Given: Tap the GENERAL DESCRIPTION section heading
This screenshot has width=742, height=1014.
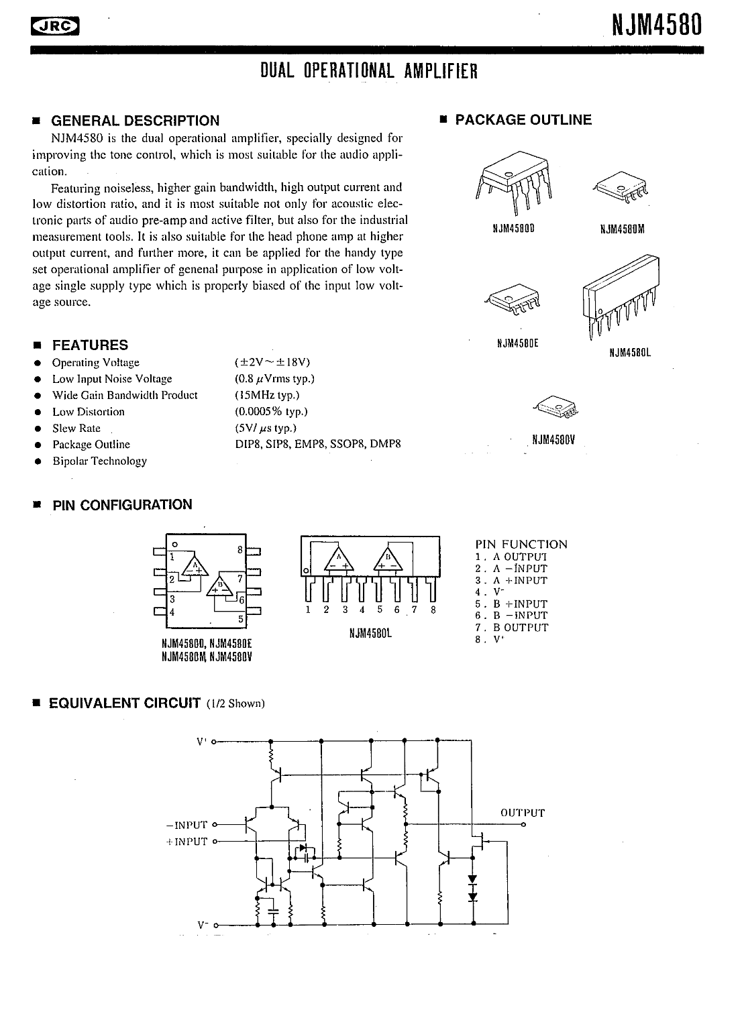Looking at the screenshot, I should click(135, 121).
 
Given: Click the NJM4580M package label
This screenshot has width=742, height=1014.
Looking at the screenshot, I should click(622, 229).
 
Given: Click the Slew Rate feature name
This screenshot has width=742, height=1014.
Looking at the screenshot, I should click(76, 428).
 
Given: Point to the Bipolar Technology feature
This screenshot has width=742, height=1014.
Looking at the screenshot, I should click(99, 461).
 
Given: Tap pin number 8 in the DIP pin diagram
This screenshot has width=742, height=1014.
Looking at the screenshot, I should click(240, 550).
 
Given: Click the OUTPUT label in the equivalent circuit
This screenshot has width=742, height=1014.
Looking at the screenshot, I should click(523, 813).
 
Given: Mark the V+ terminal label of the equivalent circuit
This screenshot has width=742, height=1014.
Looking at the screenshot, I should click(202, 742).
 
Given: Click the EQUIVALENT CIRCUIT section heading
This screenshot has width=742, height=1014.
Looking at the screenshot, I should click(125, 703).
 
